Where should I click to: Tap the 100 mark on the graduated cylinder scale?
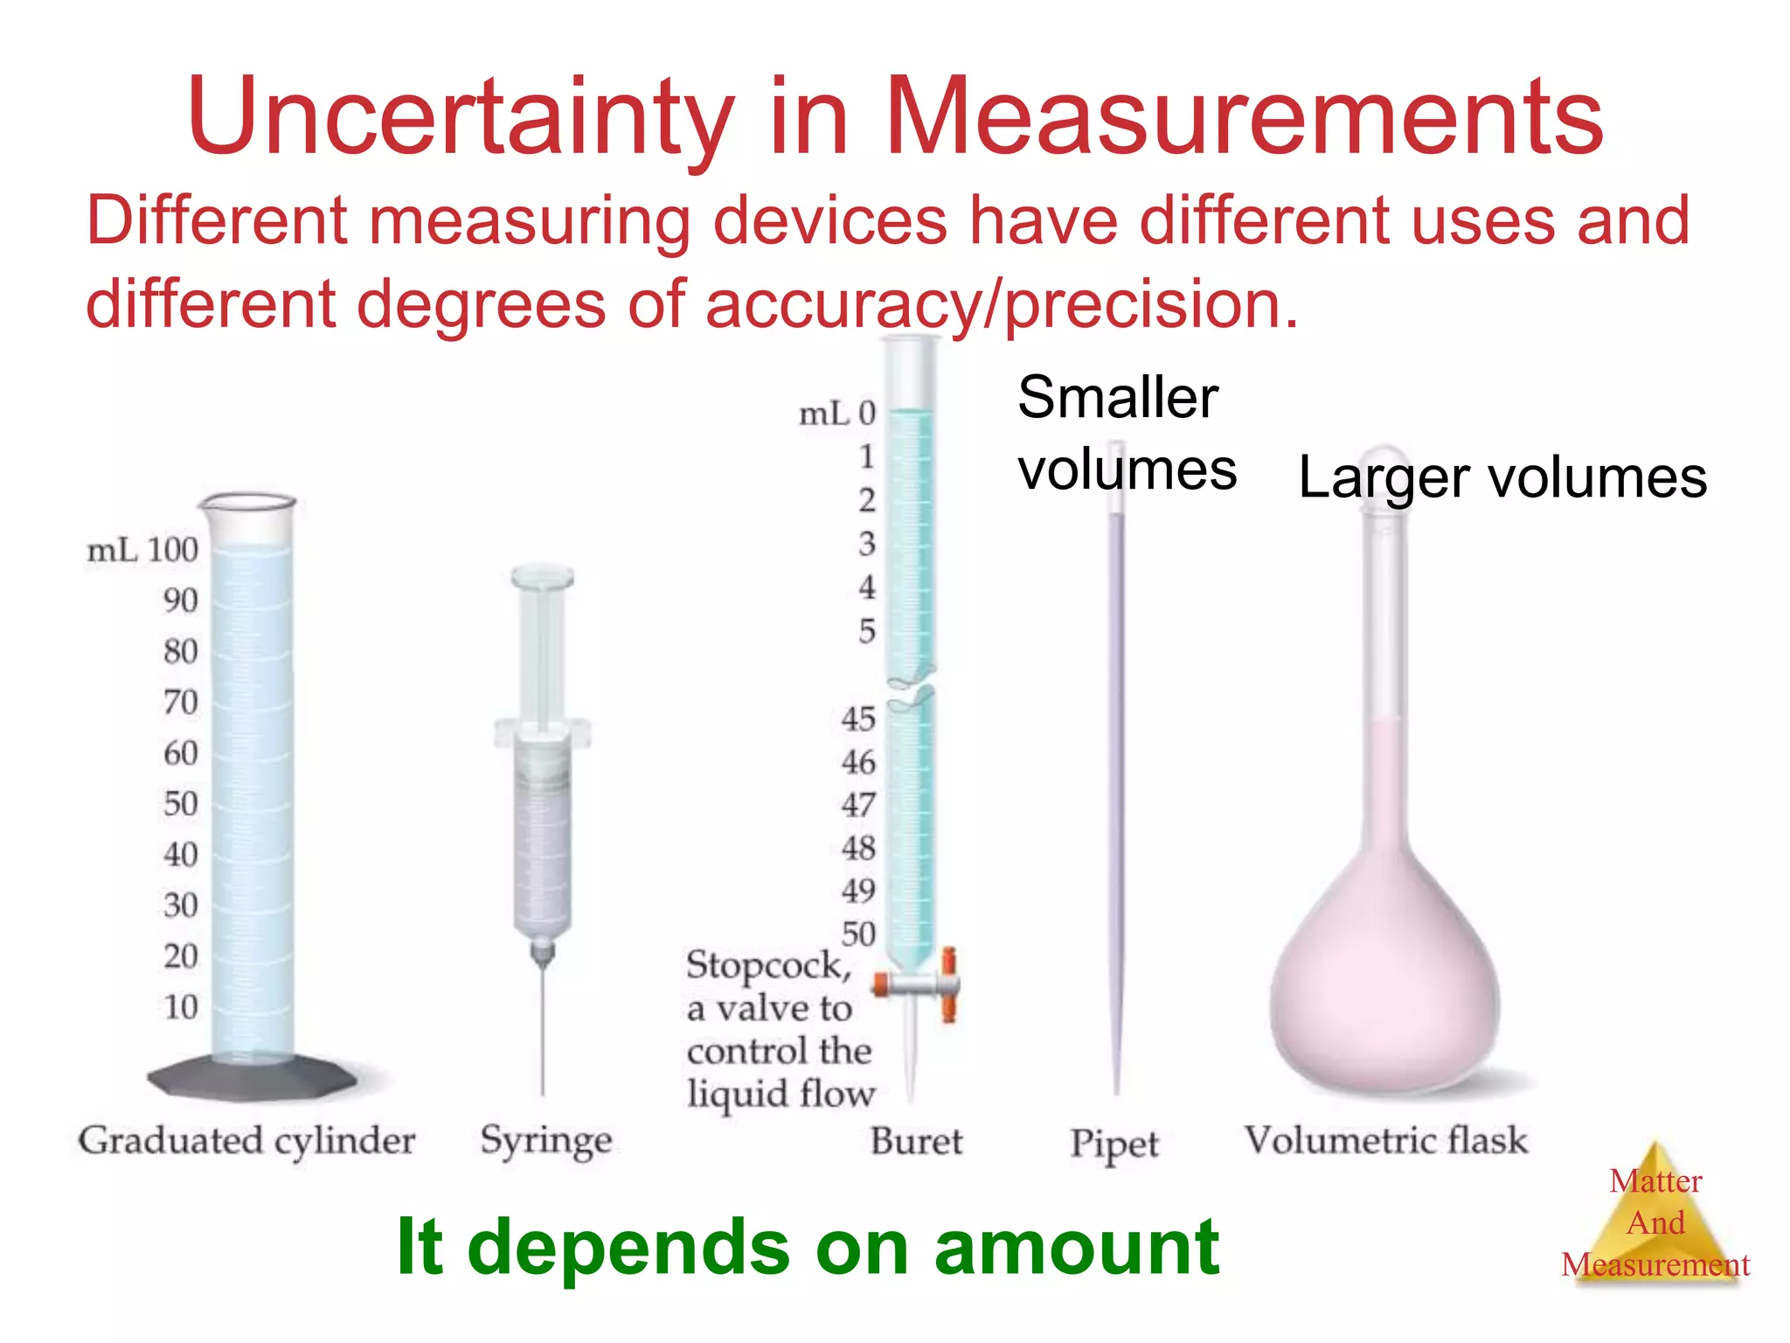(x=172, y=550)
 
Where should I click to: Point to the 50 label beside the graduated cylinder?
(x=180, y=804)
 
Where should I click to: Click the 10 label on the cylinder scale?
(x=180, y=1006)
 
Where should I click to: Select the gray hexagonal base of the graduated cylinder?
(x=252, y=1078)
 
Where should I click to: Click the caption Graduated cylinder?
(x=246, y=1140)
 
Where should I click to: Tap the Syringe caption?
(x=546, y=1140)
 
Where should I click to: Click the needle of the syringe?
(x=543, y=1032)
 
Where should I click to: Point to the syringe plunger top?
(x=543, y=578)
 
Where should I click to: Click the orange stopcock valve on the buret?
(x=947, y=985)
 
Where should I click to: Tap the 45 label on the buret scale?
(x=858, y=719)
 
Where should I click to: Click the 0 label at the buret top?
(x=866, y=413)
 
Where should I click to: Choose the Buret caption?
(x=916, y=1141)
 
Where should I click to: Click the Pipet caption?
(x=1114, y=1144)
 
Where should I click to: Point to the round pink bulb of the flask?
(x=1384, y=988)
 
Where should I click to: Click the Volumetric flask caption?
(x=1386, y=1140)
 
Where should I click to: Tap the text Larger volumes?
(x=1502, y=477)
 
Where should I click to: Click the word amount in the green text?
(x=1076, y=1247)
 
